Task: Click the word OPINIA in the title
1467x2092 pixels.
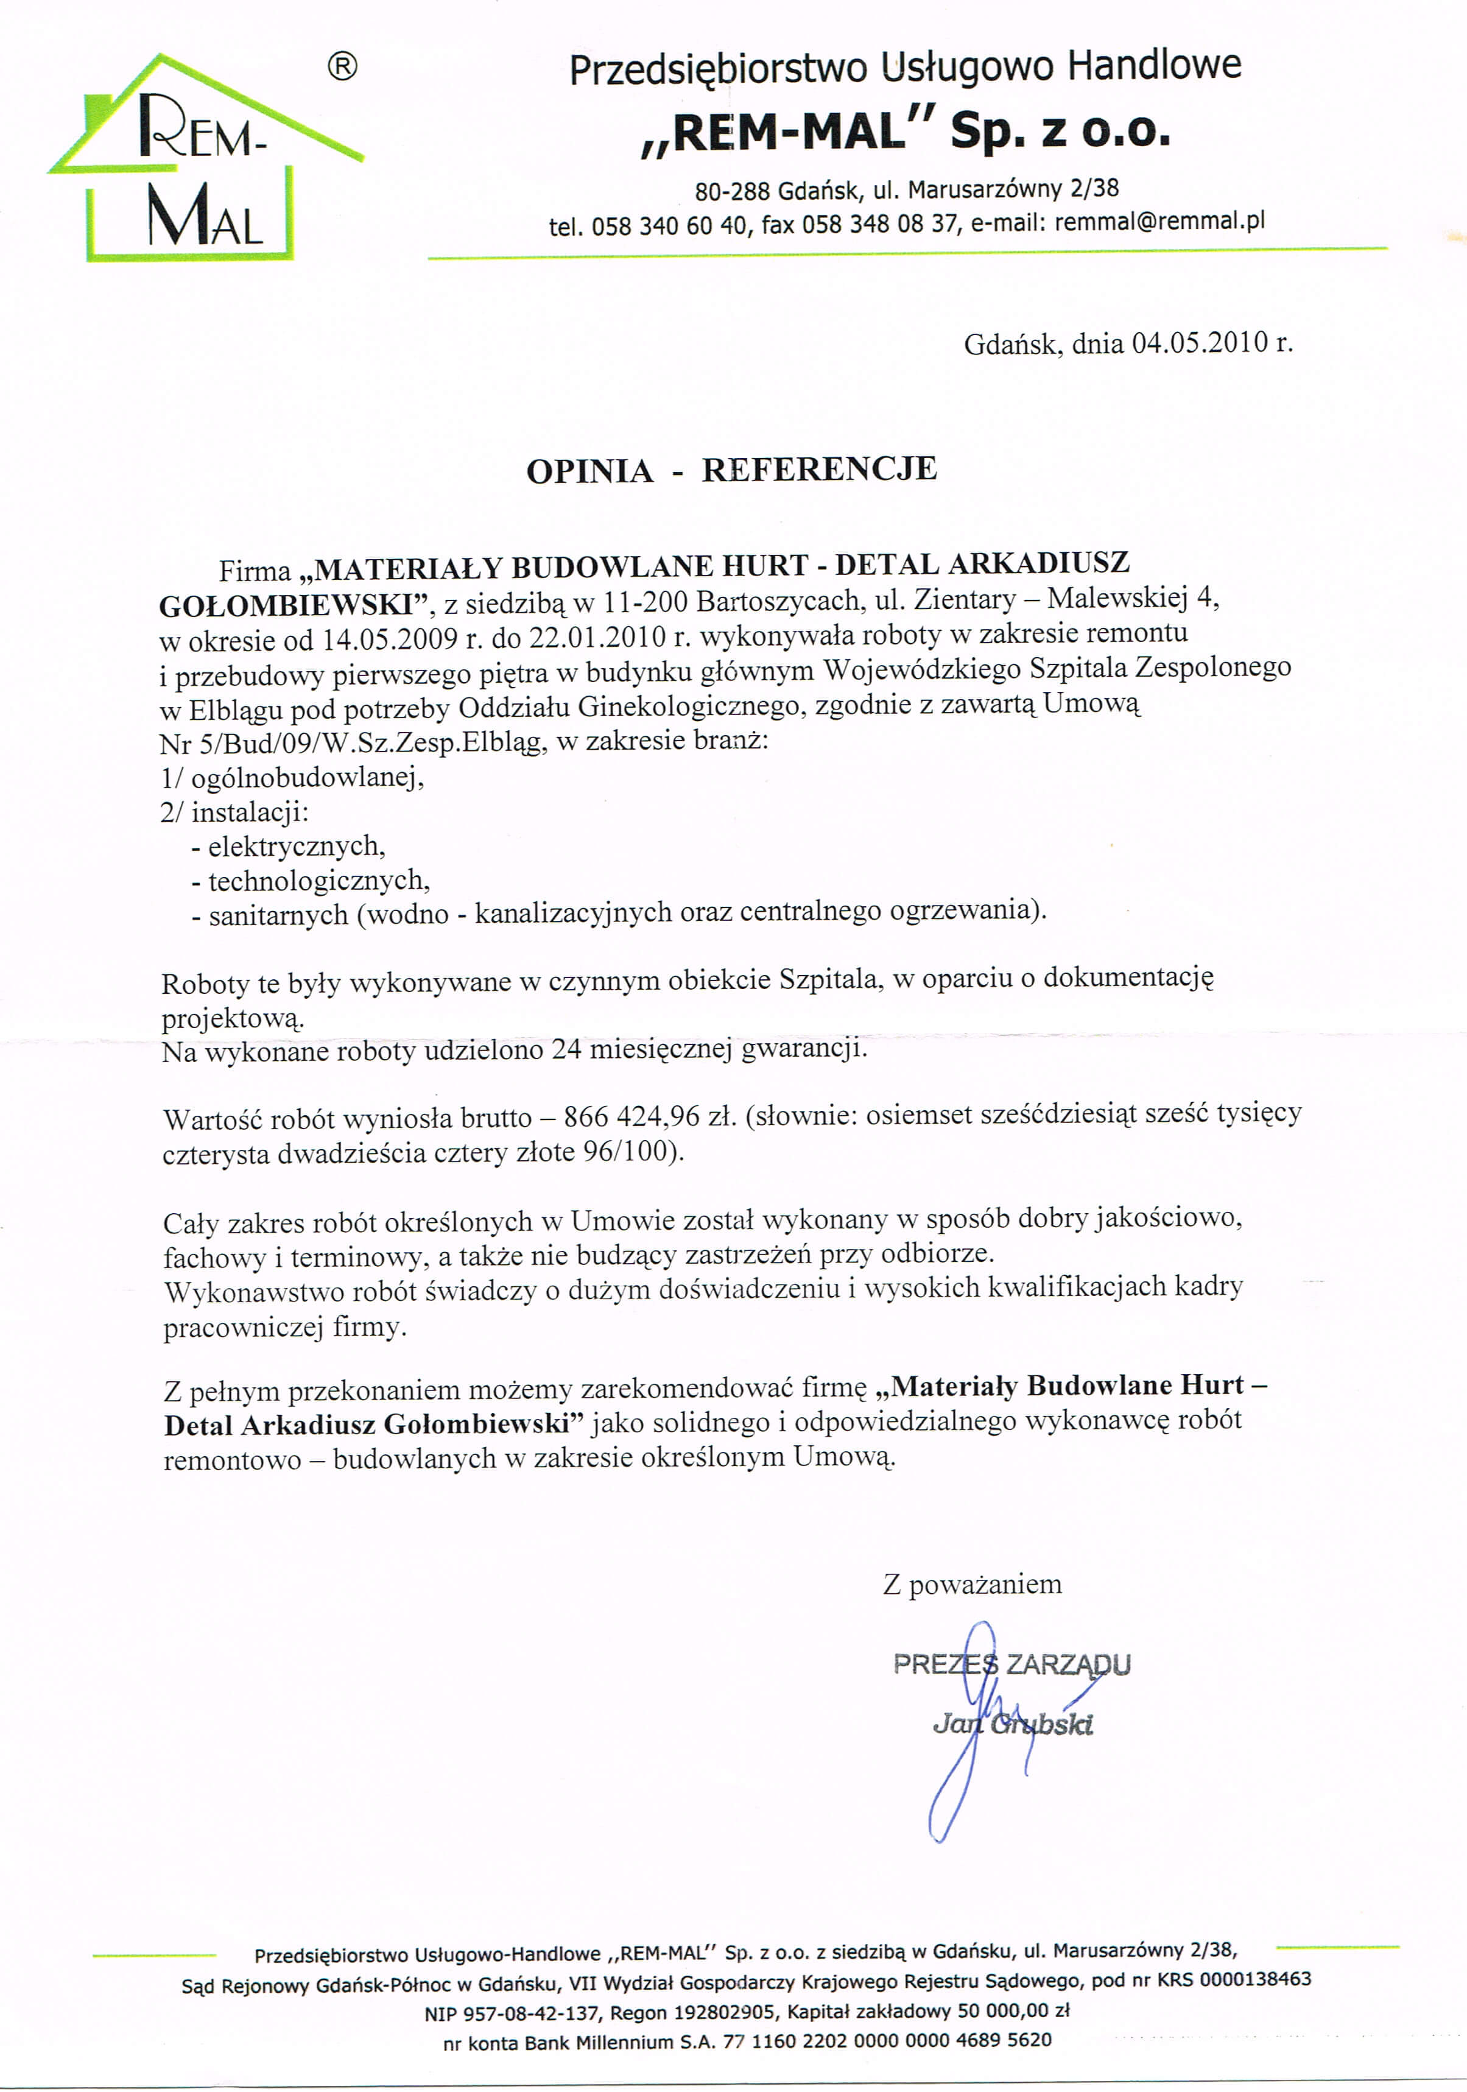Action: [x=589, y=471]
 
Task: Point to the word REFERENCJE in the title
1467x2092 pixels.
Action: [x=818, y=469]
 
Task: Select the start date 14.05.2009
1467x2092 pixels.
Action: [x=389, y=638]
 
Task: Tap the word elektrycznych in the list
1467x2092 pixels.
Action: [x=296, y=847]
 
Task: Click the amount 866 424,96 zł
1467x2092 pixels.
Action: [x=650, y=1116]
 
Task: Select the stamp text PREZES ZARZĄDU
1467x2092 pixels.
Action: [x=1011, y=1664]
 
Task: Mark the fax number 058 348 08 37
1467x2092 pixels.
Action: [x=879, y=224]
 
